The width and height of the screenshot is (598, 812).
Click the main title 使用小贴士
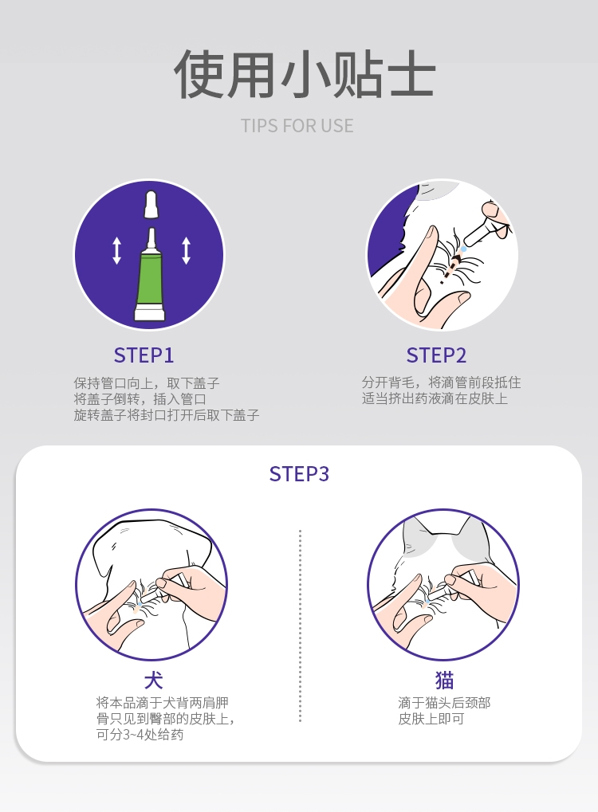305,75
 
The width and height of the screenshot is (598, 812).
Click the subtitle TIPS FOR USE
297,126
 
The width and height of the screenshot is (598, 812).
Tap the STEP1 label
144,355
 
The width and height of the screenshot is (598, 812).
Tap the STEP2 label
436,355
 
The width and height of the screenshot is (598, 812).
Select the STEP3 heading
299,474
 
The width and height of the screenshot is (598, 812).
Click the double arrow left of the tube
116,250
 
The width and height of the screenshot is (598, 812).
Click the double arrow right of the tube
186,250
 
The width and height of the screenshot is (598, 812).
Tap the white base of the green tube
149,312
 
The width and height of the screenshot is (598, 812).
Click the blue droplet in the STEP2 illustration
463,249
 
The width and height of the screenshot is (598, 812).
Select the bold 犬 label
153,681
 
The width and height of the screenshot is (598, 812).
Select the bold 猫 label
444,681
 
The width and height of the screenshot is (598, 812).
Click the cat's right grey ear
470,535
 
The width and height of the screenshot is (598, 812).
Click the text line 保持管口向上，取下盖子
147,383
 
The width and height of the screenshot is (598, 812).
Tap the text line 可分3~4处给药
140,735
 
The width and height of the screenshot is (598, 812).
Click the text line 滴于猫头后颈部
444,703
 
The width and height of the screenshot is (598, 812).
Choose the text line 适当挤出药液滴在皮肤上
435,398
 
